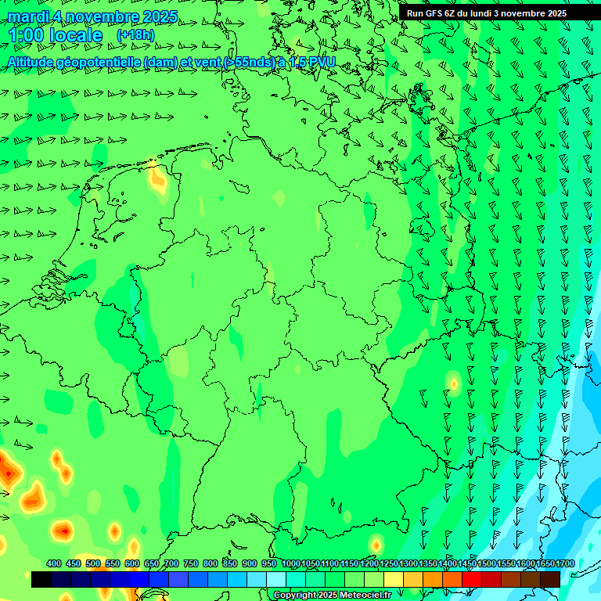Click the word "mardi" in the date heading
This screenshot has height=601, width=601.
pyautogui.click(x=27, y=16)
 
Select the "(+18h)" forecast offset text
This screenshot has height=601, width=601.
pyautogui.click(x=135, y=35)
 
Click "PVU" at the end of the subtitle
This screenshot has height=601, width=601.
pyautogui.click(x=322, y=62)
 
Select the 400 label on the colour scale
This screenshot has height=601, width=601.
pyautogui.click(x=54, y=564)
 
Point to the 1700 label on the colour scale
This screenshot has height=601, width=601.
pyautogui.click(x=563, y=564)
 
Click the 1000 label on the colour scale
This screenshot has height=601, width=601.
pyautogui.click(x=290, y=564)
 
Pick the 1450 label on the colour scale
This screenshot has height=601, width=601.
pyautogui.click(x=466, y=564)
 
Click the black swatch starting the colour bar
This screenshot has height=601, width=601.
pyautogui.click(x=41, y=579)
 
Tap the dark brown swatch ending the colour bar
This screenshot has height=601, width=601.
pyautogui.click(x=550, y=579)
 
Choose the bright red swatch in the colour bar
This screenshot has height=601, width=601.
pyautogui.click(x=472, y=579)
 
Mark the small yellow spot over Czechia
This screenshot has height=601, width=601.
pyautogui.click(x=452, y=383)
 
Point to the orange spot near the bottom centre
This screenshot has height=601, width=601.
pyautogui.click(x=376, y=544)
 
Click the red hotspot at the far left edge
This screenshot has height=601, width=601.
pyautogui.click(x=9, y=471)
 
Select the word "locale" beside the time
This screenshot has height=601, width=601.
pyautogui.click(x=75, y=36)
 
